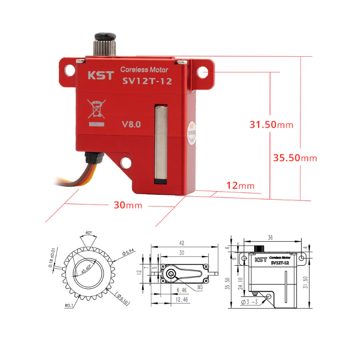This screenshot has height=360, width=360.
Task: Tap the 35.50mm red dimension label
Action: coord(295,158)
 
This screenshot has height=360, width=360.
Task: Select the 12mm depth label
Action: coord(240,185)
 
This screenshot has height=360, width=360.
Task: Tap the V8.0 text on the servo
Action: coord(131,124)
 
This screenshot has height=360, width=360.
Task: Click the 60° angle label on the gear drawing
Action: coord(88,233)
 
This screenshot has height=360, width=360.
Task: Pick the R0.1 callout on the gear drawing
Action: coord(69,305)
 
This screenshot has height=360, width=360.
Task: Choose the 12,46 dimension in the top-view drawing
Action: coord(182,299)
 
